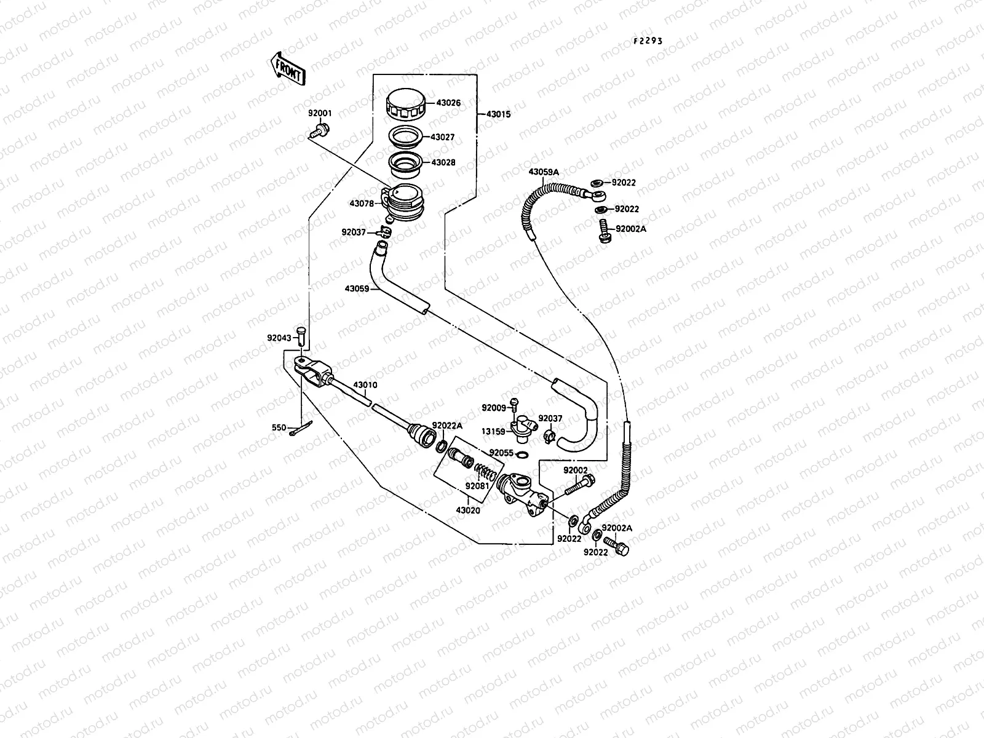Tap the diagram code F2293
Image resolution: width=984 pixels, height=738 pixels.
click(648, 41)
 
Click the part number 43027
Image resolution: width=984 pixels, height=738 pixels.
click(443, 137)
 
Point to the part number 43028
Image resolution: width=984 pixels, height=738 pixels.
click(443, 163)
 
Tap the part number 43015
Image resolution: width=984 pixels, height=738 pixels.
click(498, 114)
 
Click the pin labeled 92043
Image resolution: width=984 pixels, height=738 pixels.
click(301, 335)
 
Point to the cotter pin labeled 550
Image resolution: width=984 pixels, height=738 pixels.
click(301, 429)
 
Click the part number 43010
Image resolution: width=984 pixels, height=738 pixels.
click(365, 385)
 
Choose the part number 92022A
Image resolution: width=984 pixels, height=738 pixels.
click(447, 426)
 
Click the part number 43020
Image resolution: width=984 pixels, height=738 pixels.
click(468, 510)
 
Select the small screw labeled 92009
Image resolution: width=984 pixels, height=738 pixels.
click(516, 403)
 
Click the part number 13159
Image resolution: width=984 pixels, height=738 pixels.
click(494, 431)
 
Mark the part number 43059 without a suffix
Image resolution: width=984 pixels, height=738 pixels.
click(357, 288)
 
